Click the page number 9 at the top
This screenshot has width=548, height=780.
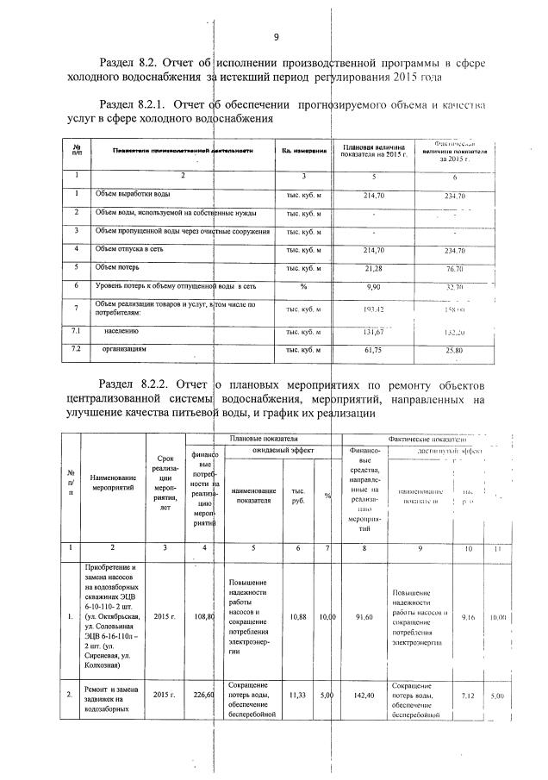[x=277, y=37]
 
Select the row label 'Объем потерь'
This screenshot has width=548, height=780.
[x=119, y=268]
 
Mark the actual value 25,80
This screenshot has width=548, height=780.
[x=453, y=351]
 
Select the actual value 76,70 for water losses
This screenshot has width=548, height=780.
[x=453, y=269]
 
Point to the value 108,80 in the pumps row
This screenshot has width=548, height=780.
[x=204, y=616]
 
